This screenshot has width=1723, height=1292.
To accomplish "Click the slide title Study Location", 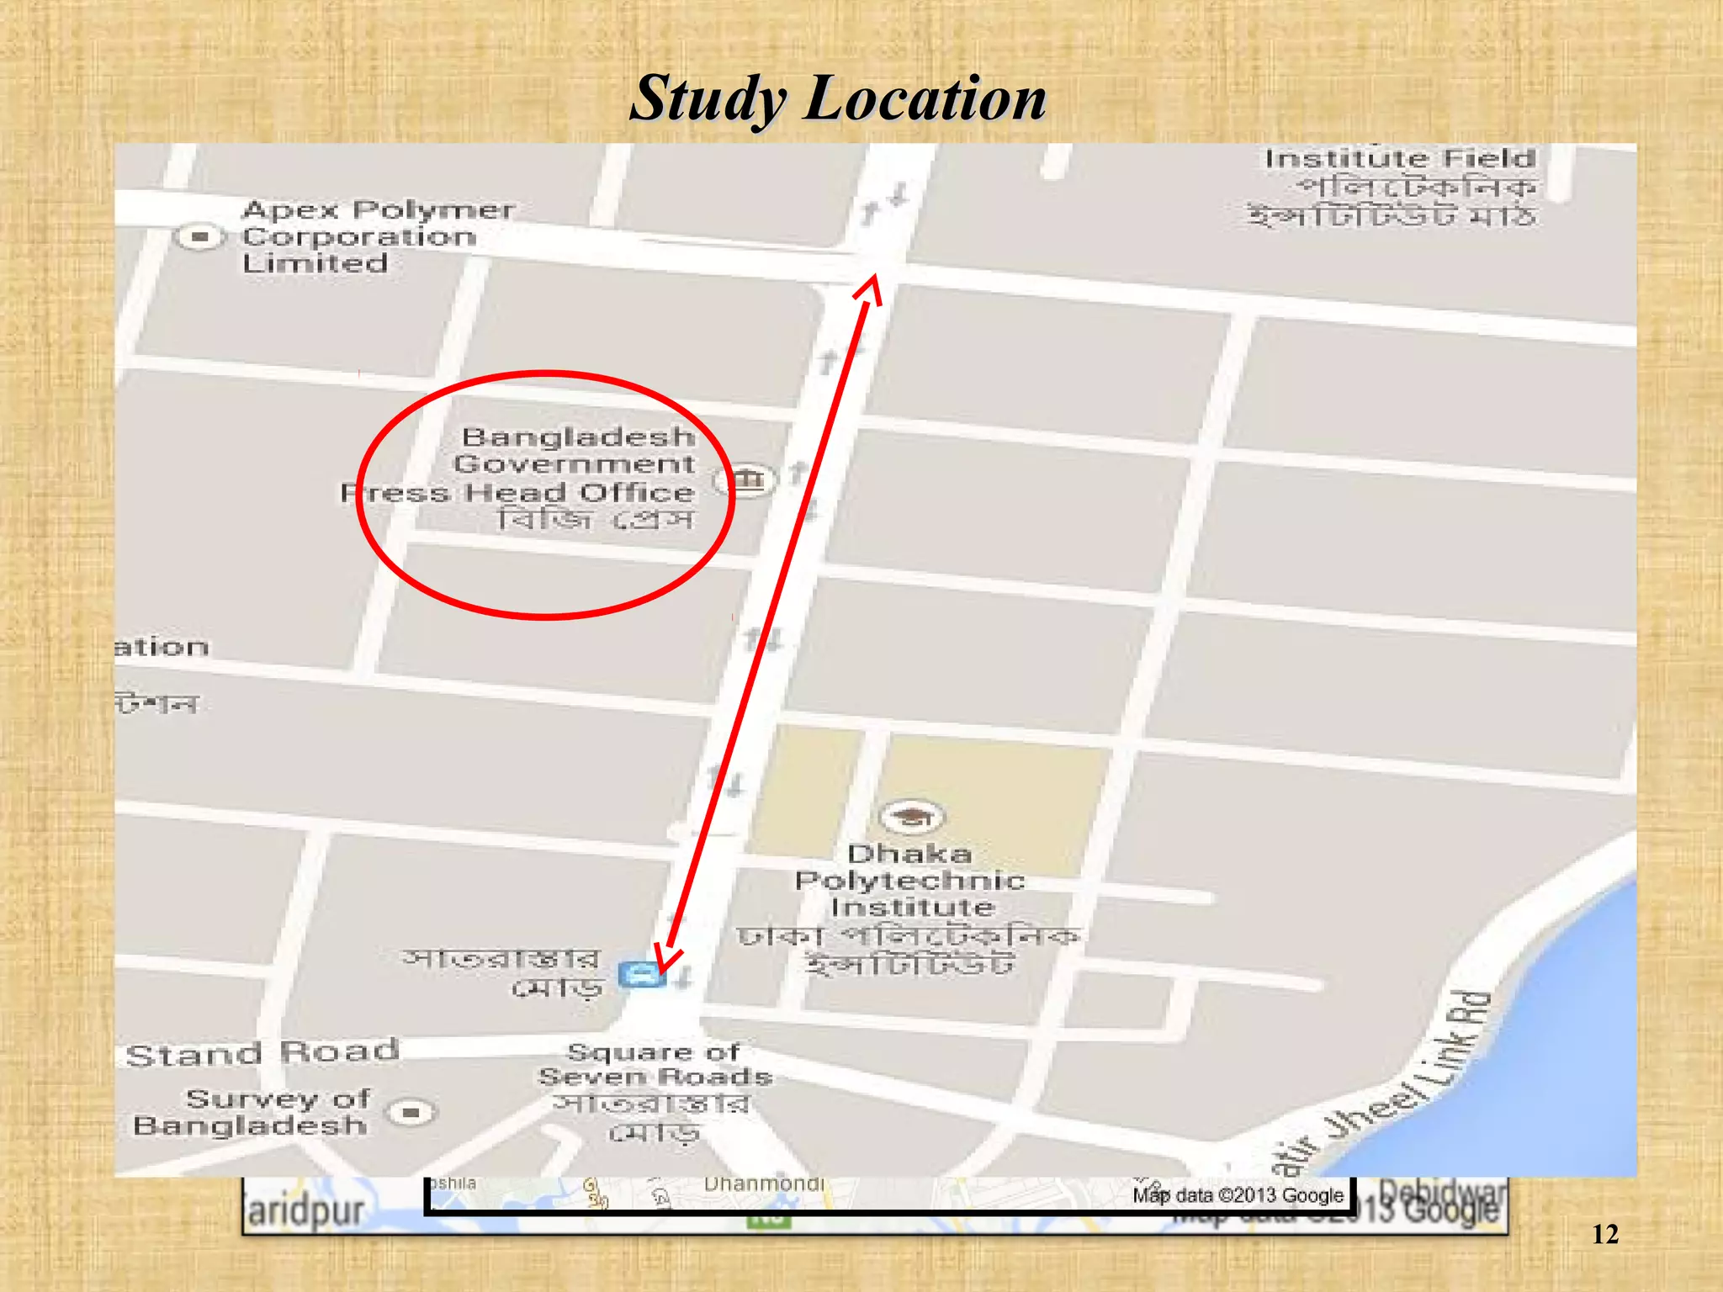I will pos(838,98).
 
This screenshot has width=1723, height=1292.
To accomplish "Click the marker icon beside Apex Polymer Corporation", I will pos(199,237).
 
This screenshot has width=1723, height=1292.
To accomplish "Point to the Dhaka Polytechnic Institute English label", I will pos(910,881).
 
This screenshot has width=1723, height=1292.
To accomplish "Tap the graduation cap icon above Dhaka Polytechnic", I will pos(911,816).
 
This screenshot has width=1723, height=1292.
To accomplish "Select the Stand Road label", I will pos(262,1053).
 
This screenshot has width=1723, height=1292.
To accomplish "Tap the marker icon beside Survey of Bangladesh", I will pos(411,1113).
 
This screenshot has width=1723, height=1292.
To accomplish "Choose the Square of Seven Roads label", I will pos(655,1064).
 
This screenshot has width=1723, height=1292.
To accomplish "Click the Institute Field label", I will pos(1400,159).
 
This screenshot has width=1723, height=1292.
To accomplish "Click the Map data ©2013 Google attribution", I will pos(1238,1195).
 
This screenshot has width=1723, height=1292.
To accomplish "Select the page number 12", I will pos(1604,1235).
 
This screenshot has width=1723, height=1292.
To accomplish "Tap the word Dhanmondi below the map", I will pos(763,1184).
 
